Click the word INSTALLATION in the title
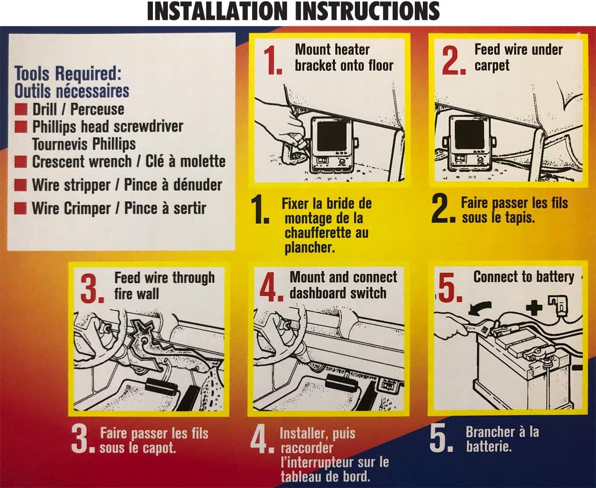point(217,11)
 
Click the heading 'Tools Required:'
point(68,73)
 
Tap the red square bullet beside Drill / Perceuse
point(21,109)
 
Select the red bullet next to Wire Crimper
point(21,208)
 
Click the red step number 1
point(272,60)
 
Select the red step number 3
point(92,288)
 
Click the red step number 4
point(271,287)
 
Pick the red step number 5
point(450,287)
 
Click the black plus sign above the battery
point(534,308)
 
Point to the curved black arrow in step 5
point(480,308)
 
